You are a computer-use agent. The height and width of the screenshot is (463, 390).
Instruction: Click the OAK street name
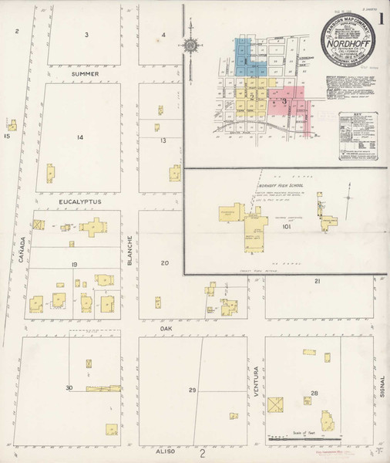click(163, 327)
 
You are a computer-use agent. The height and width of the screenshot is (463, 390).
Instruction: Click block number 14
click(79, 137)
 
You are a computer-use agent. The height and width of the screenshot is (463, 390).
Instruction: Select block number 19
click(75, 265)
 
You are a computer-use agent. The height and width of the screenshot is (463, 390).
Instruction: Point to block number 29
click(192, 391)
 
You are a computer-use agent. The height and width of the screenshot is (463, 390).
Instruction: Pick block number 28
click(314, 393)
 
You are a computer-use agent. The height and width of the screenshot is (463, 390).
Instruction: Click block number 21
click(317, 282)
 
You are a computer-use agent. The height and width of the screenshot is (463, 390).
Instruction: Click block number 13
click(163, 140)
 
